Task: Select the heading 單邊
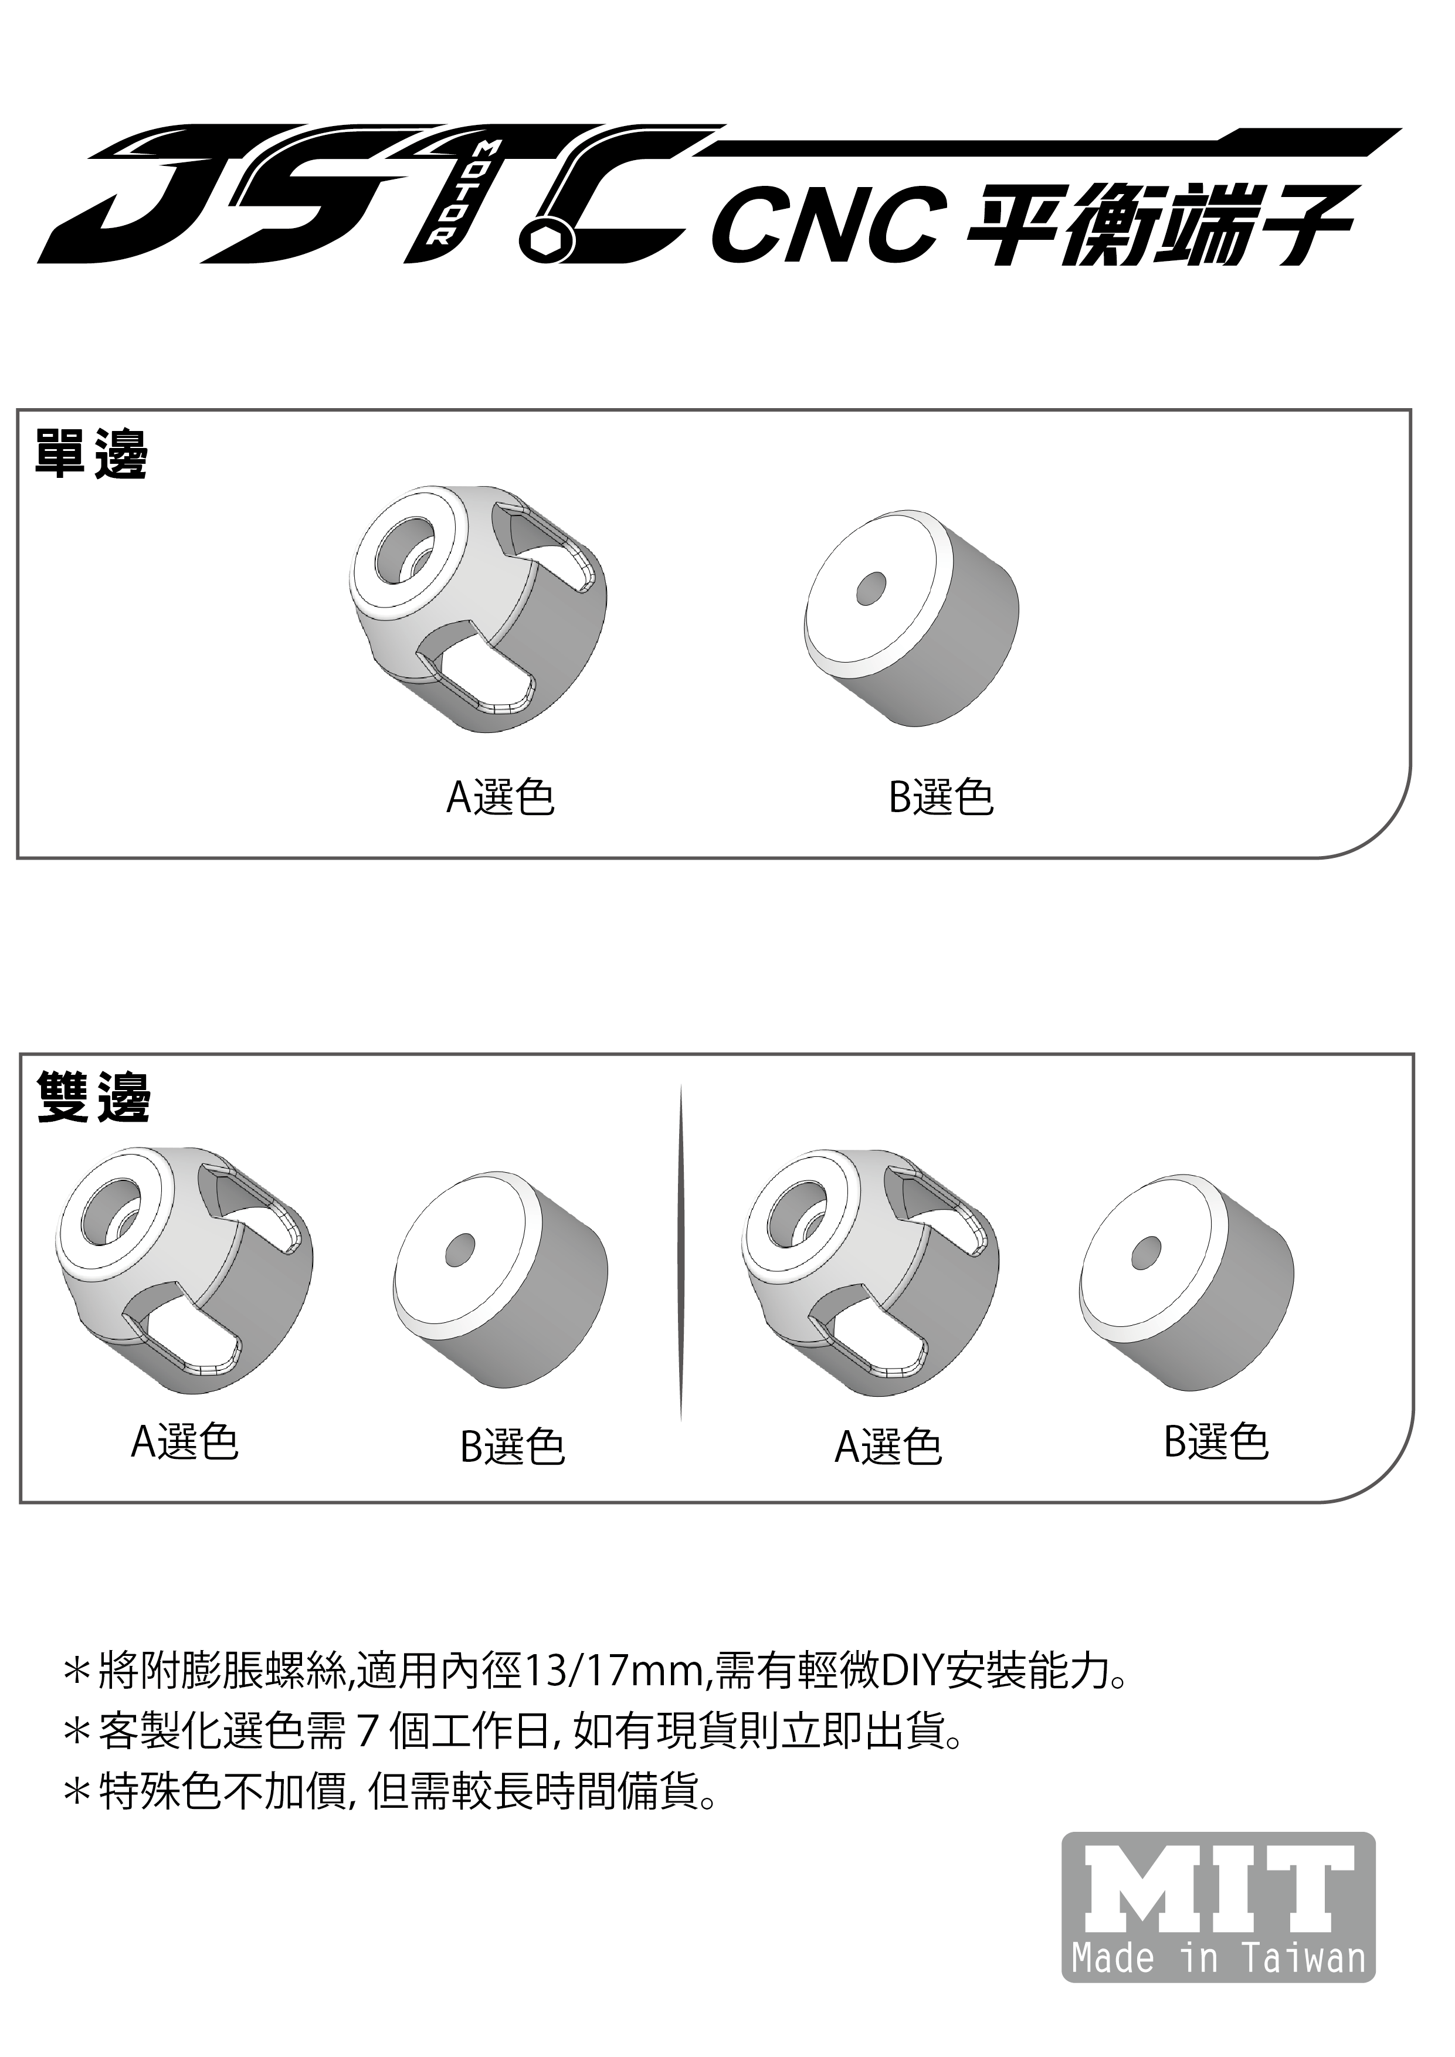[x=90, y=454]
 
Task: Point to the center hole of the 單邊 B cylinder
[x=871, y=589]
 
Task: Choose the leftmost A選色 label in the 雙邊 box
[x=185, y=1441]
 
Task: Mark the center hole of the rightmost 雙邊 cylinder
[x=1146, y=1251]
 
